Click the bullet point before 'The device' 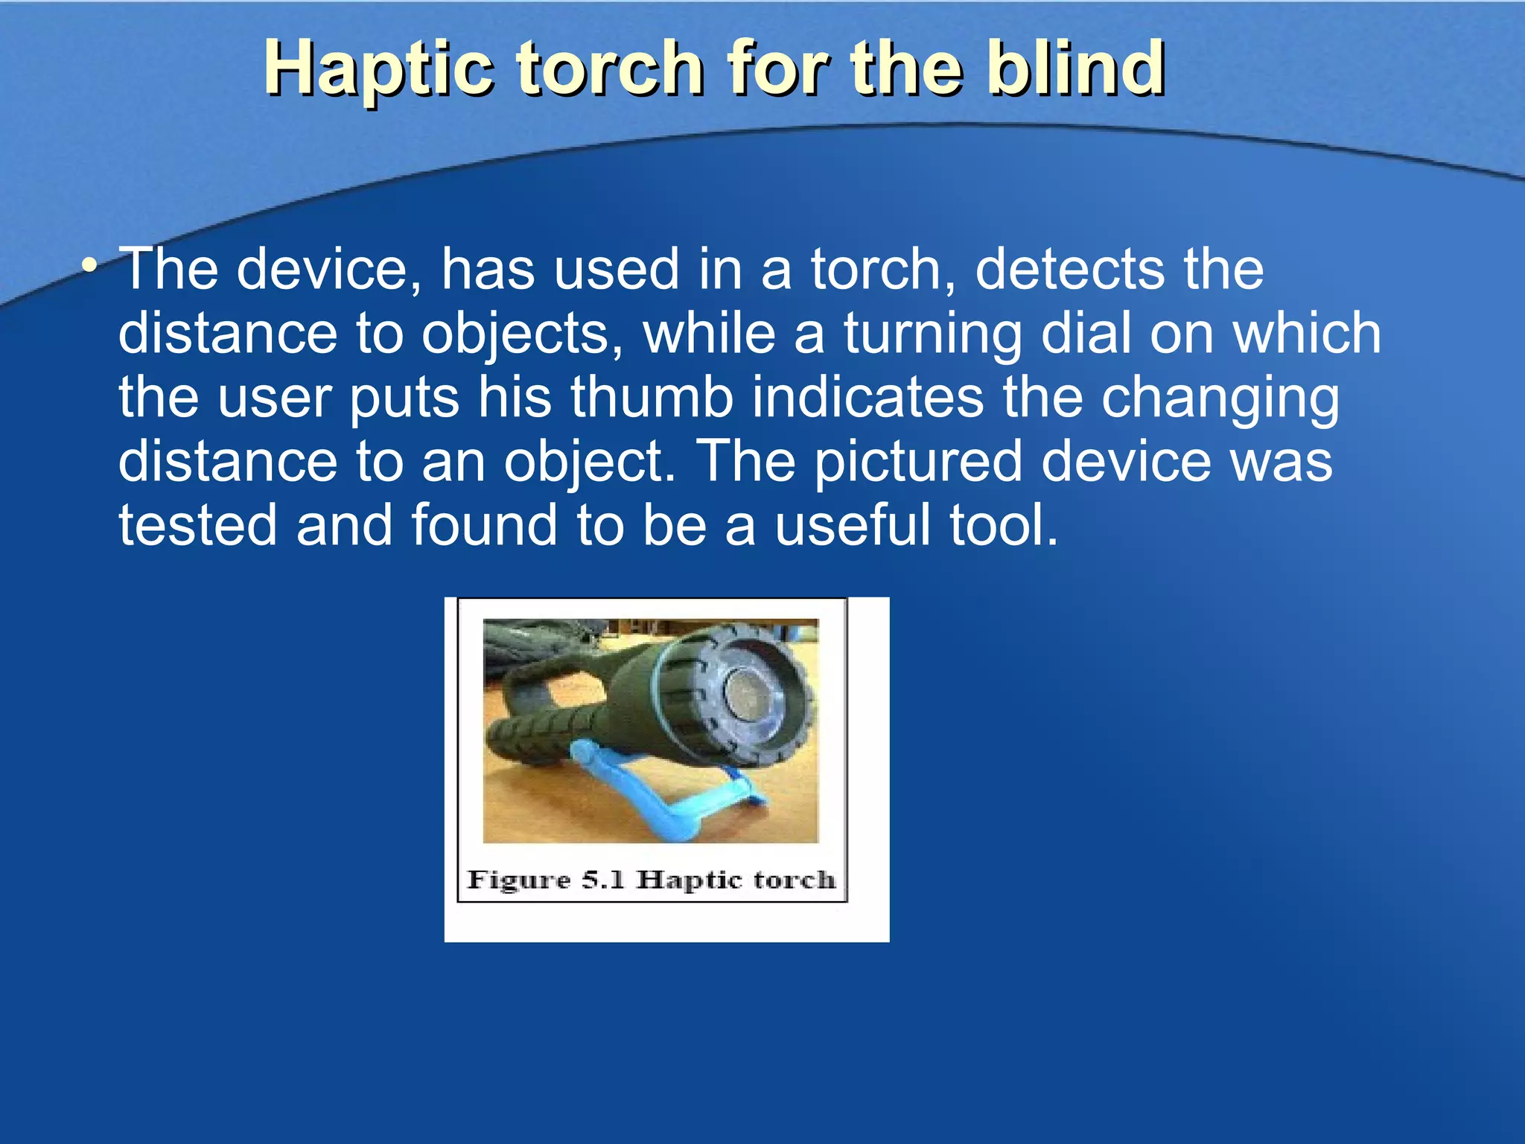pos(89,266)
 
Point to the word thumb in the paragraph pos(652,397)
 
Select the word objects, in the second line pos(521,334)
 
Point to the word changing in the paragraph pos(1220,398)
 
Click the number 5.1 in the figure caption pos(603,880)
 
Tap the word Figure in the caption pos(518,880)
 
